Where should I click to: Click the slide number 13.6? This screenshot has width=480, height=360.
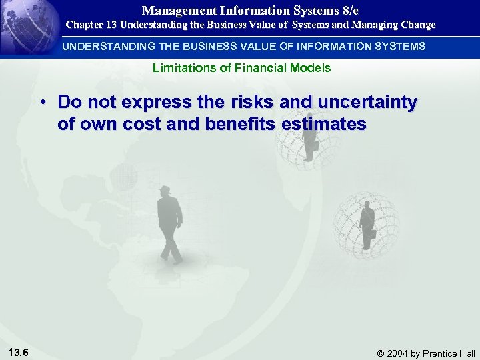click(x=19, y=352)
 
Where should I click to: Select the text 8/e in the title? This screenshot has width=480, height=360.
click(x=349, y=11)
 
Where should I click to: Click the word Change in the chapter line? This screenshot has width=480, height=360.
click(x=416, y=25)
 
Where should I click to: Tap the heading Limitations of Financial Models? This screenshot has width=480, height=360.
click(x=241, y=68)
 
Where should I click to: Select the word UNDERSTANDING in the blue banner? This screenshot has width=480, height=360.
click(x=102, y=47)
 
